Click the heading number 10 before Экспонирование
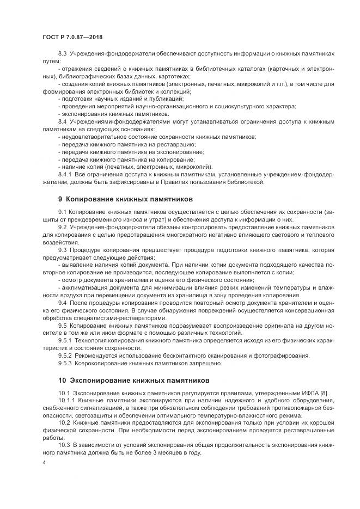[x=62, y=379]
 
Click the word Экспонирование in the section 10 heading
[x=100, y=379]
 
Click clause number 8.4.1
[x=65, y=174]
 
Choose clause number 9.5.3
[x=65, y=363]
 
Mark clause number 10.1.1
[x=67, y=400]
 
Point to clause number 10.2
[x=64, y=422]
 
